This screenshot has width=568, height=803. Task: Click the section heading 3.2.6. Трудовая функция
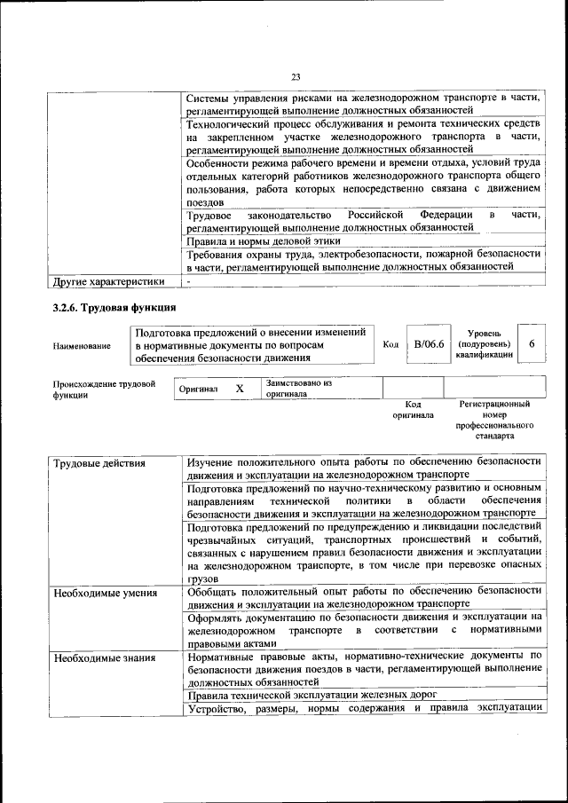click(112, 309)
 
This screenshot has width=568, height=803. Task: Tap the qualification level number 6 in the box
click(531, 344)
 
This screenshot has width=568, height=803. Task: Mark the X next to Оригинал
click(240, 389)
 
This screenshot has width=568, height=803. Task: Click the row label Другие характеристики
click(109, 282)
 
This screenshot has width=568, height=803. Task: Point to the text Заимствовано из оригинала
click(297, 388)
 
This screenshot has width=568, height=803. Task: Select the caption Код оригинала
click(413, 409)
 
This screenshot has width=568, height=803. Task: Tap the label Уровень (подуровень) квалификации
click(484, 344)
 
